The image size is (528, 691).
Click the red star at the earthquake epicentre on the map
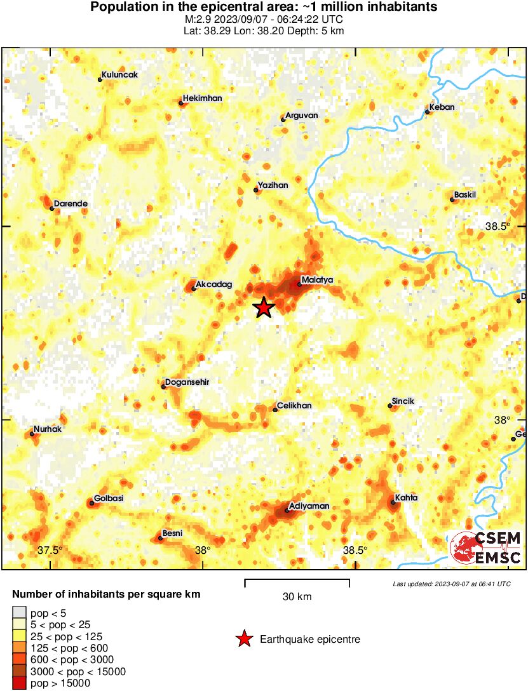(x=263, y=308)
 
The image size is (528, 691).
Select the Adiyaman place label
(x=309, y=506)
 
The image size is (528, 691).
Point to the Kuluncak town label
(x=121, y=75)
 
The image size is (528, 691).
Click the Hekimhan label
(x=202, y=98)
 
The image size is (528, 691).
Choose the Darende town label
(x=71, y=204)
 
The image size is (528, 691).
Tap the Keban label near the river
(x=442, y=107)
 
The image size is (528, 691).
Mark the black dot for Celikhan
(x=275, y=410)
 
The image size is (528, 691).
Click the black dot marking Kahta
(x=393, y=503)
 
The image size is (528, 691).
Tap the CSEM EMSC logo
(x=486, y=547)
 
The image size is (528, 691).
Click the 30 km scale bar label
(x=297, y=597)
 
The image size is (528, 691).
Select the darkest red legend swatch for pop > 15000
(x=19, y=683)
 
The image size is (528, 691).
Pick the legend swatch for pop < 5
(x=19, y=613)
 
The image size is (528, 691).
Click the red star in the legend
(x=244, y=639)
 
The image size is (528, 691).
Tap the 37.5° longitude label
(x=50, y=550)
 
